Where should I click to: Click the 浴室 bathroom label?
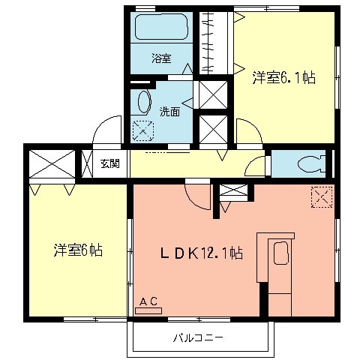click(160, 57)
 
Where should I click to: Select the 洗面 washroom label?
click(169, 112)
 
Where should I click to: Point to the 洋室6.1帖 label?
click(283, 76)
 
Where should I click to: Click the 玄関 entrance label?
click(109, 163)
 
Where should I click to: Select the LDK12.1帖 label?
click(199, 253)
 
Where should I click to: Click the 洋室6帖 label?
click(77, 250)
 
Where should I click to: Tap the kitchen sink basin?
click(280, 254)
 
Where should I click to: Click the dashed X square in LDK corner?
click(321, 196)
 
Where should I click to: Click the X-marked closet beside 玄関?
click(52, 163)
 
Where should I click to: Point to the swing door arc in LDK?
click(196, 196)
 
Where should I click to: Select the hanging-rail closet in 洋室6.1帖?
click(216, 42)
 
